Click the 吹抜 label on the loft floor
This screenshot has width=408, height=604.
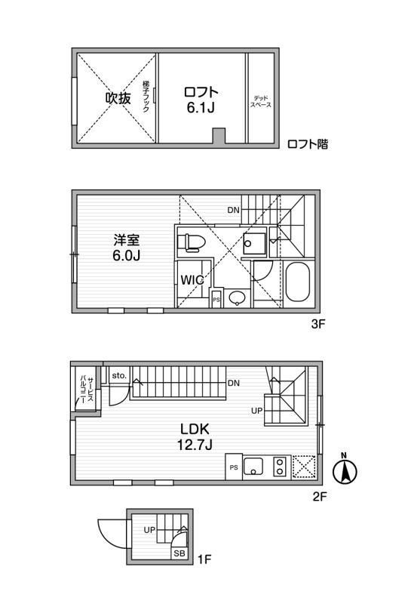(x=119, y=98)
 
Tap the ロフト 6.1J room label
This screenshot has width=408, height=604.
(x=200, y=100)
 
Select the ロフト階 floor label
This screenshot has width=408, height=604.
(x=307, y=143)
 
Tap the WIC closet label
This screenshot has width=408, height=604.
(x=192, y=279)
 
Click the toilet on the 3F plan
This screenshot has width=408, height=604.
(x=193, y=242)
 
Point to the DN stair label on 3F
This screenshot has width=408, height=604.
(x=234, y=210)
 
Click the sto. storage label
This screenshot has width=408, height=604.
(x=118, y=374)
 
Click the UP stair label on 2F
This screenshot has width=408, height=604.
(x=257, y=411)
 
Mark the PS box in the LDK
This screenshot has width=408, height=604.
(x=233, y=467)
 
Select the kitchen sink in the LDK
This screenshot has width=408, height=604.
(x=253, y=467)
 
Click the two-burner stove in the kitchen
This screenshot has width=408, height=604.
(x=279, y=467)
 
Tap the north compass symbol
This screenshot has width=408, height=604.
(x=345, y=470)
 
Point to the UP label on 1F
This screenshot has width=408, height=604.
(x=150, y=530)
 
